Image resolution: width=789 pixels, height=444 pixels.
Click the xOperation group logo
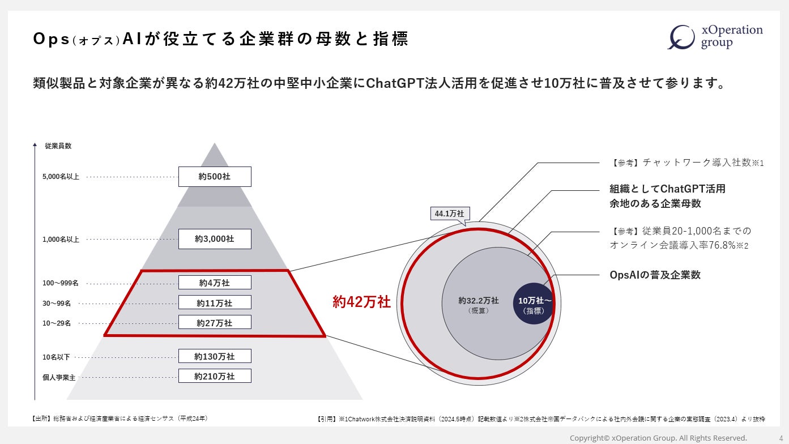[715, 37]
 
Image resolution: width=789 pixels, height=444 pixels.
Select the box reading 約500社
[215, 177]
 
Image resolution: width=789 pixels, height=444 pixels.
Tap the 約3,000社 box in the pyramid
[215, 239]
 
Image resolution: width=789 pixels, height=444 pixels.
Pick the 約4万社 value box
[215, 283]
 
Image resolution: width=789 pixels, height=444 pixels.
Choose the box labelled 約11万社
[215, 303]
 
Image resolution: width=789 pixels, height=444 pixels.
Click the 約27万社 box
[215, 323]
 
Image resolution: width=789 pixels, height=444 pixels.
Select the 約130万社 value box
[215, 356]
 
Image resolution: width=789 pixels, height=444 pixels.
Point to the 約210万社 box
[215, 376]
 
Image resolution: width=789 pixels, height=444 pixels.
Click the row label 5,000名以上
[61, 177]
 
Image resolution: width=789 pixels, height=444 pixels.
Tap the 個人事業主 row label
[59, 377]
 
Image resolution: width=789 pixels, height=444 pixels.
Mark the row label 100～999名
[61, 283]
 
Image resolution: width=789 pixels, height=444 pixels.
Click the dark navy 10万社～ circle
[533, 304]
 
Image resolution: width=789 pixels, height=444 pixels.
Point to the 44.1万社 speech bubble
[449, 214]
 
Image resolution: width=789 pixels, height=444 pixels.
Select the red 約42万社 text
[361, 302]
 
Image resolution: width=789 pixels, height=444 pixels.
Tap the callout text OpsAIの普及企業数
[655, 275]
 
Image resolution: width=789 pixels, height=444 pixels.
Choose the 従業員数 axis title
[58, 146]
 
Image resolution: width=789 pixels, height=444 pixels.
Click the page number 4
[781, 438]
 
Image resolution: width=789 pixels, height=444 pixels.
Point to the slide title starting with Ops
[220, 40]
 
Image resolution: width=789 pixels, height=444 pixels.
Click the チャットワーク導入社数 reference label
[688, 163]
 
